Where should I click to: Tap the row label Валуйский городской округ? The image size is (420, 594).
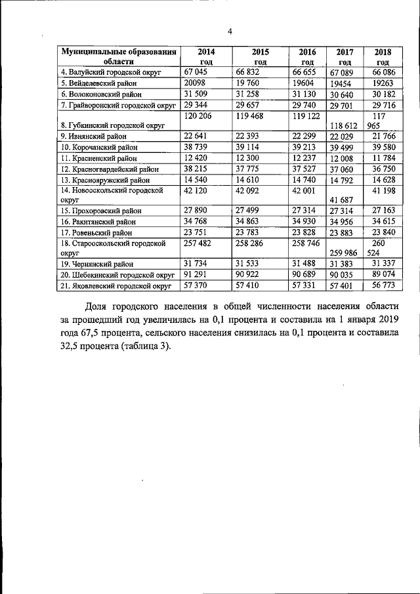(x=116, y=72)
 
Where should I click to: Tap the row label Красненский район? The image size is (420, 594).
(x=102, y=159)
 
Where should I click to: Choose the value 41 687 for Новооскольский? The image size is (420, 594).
(x=345, y=202)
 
